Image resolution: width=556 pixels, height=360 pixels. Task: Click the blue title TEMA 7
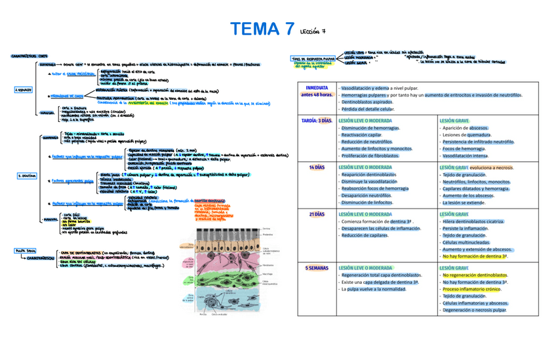[x=262, y=30]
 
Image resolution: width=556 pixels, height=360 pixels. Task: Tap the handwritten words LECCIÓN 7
[x=312, y=31]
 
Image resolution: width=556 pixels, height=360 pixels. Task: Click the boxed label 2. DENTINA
[x=26, y=176]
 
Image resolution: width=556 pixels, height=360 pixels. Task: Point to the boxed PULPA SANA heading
[x=25, y=250]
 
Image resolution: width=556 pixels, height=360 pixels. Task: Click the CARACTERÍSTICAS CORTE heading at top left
[x=30, y=56]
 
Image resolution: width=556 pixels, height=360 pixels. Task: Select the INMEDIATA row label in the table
[x=317, y=87]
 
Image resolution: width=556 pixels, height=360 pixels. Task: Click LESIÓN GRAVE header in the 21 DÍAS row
[x=454, y=214]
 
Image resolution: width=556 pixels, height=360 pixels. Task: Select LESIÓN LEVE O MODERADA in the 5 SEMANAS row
[x=365, y=268]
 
